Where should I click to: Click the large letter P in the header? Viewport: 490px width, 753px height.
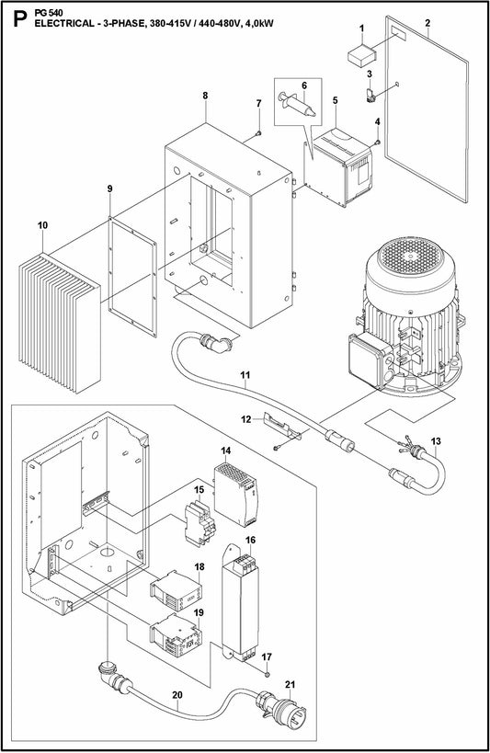point(15,17)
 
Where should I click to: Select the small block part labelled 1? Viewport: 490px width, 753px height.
point(361,53)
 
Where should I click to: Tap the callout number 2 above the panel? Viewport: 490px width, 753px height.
point(427,20)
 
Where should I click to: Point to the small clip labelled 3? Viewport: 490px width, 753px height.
point(370,94)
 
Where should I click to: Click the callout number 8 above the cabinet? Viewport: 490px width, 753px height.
point(205,96)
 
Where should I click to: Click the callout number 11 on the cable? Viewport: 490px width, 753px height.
point(245,375)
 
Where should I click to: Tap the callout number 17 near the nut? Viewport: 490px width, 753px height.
point(266,656)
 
